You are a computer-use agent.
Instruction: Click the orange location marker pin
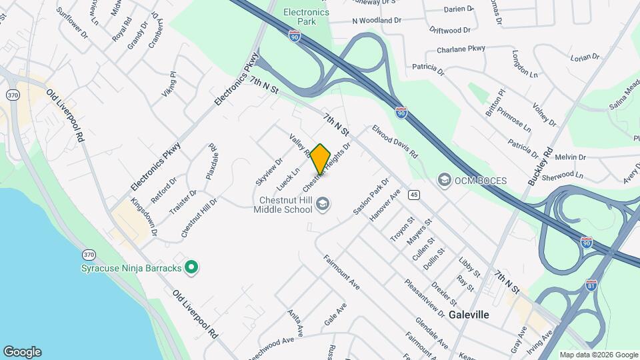click(x=320, y=158)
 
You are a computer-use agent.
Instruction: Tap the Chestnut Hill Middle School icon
click(x=323, y=203)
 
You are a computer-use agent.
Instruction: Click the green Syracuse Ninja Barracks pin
click(x=192, y=268)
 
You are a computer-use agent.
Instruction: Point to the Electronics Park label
click(x=306, y=17)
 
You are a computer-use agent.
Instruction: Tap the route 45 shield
click(x=415, y=194)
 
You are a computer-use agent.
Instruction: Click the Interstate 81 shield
click(x=591, y=285)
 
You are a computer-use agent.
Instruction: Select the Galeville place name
click(x=469, y=314)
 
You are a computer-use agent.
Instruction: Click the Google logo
click(x=22, y=352)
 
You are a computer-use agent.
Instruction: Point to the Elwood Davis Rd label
click(x=395, y=142)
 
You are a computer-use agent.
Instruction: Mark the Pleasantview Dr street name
click(x=424, y=297)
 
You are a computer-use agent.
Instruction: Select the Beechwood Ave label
click(x=271, y=348)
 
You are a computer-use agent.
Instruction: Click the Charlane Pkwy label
click(x=461, y=49)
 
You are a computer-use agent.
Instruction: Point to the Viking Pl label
click(x=169, y=85)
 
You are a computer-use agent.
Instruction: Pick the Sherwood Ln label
click(x=561, y=177)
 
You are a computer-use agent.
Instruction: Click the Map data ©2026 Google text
click(x=598, y=355)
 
